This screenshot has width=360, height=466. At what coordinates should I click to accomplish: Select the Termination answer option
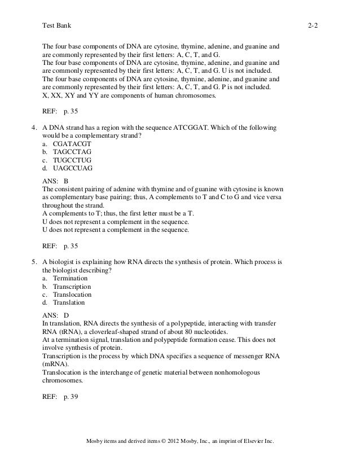coord(70,278)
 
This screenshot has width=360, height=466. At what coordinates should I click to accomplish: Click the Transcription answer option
coord(72,286)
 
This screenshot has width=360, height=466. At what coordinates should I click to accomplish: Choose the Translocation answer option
coord(72,294)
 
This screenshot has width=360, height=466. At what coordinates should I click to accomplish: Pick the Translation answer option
coord(69,302)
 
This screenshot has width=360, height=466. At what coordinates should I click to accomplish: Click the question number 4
coord(34,128)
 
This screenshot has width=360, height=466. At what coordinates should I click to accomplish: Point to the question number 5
coord(34,262)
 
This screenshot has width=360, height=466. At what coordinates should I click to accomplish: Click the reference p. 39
coord(71,397)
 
